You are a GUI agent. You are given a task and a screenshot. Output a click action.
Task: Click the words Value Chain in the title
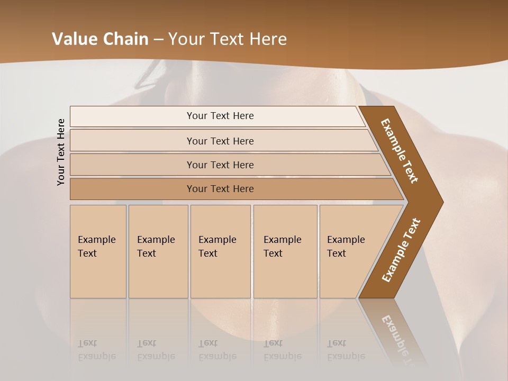tap(100, 39)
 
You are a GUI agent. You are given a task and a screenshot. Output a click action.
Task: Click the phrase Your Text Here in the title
tap(228, 39)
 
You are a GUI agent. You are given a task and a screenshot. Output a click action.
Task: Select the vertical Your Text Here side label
tap(61, 152)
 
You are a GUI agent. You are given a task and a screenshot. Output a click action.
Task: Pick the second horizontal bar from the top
tap(220, 141)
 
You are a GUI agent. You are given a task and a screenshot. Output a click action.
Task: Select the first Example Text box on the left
tap(98, 251)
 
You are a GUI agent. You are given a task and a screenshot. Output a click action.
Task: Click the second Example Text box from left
tap(158, 251)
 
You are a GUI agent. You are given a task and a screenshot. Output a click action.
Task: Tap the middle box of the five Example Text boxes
tap(220, 251)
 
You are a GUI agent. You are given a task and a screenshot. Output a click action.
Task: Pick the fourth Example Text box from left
tap(285, 251)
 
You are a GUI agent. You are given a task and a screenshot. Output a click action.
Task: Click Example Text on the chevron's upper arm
tap(400, 151)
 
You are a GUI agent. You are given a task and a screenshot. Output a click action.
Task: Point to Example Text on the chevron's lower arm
tap(401, 250)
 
